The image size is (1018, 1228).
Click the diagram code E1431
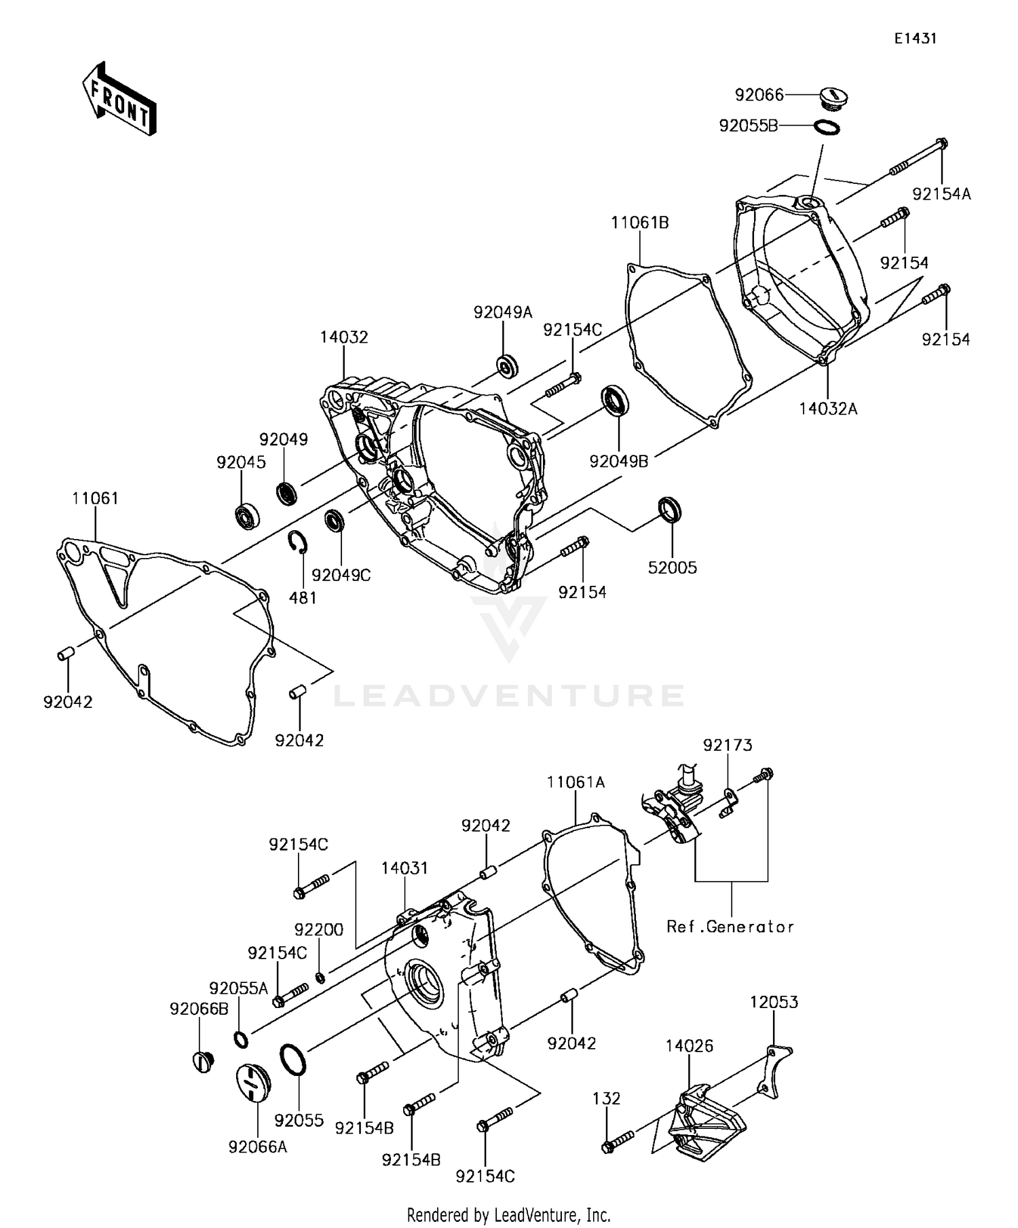point(914,39)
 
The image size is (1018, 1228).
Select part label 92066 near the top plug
point(759,95)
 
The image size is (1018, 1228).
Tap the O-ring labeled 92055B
point(826,127)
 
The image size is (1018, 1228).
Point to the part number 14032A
point(828,409)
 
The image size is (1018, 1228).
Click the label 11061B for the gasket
point(639,223)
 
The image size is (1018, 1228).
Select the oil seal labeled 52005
point(670,510)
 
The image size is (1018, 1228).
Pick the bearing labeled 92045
point(242,516)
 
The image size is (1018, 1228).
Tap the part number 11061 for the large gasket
point(95,498)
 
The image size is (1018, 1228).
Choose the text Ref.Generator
point(730,927)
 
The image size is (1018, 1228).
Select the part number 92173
point(728,745)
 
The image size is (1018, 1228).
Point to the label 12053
point(774,1002)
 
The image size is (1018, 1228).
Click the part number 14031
point(404,868)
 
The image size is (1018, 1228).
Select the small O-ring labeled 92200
point(320,977)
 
